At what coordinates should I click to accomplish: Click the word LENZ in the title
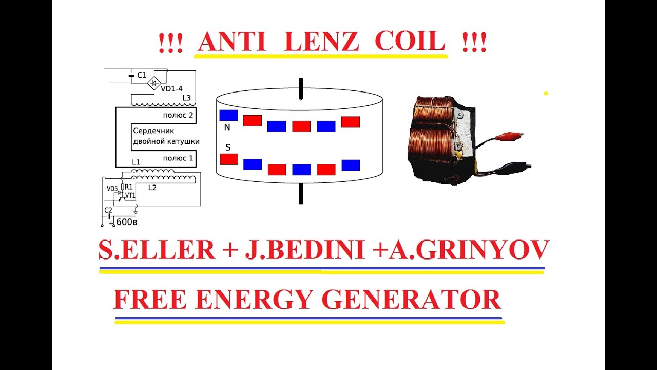pyautogui.click(x=321, y=42)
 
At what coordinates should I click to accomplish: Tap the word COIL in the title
pyautogui.click(x=410, y=42)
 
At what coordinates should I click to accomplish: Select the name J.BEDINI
pyautogui.click(x=305, y=250)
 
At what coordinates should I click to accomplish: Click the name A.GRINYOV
pyautogui.click(x=469, y=250)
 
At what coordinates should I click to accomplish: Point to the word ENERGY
pyautogui.click(x=254, y=300)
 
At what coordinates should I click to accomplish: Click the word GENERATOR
pyautogui.click(x=411, y=300)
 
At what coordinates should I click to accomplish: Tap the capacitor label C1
pyautogui.click(x=142, y=75)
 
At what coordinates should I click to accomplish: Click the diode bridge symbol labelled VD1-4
pyautogui.click(x=154, y=83)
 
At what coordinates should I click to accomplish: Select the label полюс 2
pyautogui.click(x=178, y=115)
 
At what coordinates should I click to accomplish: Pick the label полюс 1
pyautogui.click(x=178, y=158)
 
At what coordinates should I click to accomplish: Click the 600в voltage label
pyautogui.click(x=127, y=222)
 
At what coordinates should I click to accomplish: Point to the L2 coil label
pyautogui.click(x=152, y=188)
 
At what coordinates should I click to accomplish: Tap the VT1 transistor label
pyautogui.click(x=130, y=195)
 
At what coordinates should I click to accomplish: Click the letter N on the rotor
pyautogui.click(x=227, y=127)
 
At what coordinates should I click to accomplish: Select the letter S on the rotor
pyautogui.click(x=228, y=147)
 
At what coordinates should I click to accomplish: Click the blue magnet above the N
pyautogui.click(x=229, y=116)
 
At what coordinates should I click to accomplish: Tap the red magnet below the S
pyautogui.click(x=229, y=159)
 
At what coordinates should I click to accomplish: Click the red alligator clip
pyautogui.click(x=509, y=136)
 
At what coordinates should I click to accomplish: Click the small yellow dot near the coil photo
pyautogui.click(x=546, y=94)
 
